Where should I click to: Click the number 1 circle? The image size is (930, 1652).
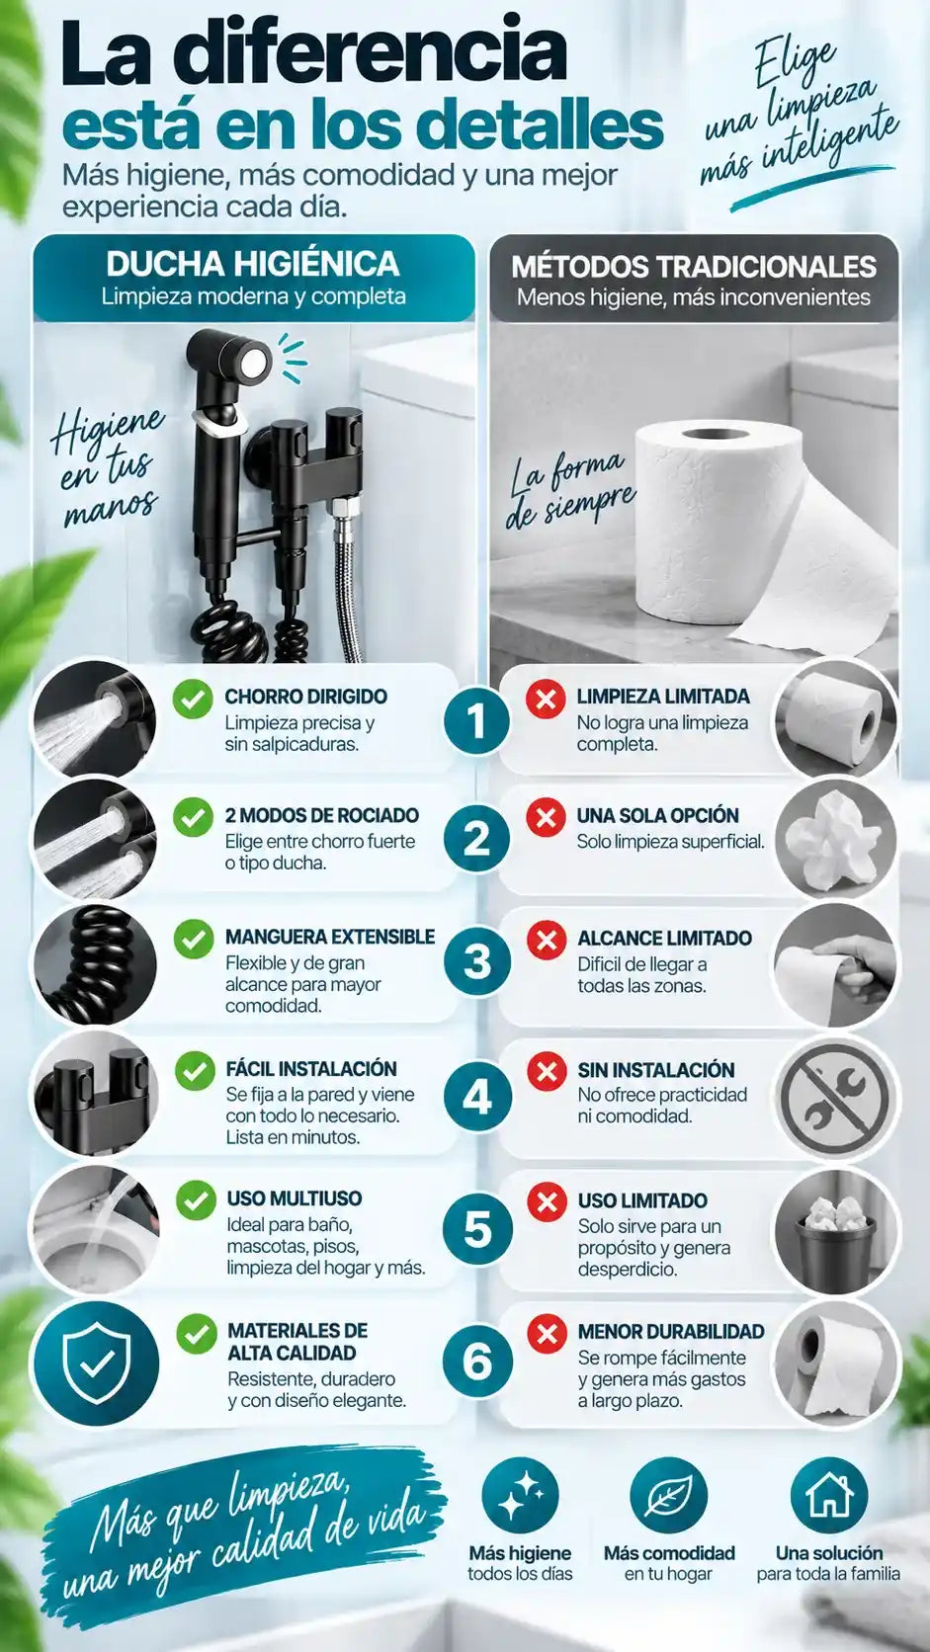click(476, 720)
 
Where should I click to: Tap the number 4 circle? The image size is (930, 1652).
click(476, 1097)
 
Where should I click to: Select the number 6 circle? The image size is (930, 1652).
click(477, 1361)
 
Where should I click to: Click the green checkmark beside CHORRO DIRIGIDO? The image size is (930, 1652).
click(194, 698)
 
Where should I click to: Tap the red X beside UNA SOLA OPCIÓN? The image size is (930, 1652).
click(546, 817)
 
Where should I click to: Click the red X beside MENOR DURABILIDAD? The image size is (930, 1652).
click(548, 1334)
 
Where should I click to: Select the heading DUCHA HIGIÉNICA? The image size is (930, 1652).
click(253, 264)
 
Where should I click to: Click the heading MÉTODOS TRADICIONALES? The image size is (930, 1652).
click(694, 266)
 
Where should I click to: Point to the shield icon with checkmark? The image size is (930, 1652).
click(96, 1362)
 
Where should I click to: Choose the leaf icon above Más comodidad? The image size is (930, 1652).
click(668, 1495)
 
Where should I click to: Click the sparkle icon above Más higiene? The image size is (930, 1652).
click(521, 1495)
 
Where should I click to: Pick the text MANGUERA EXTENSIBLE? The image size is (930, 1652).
click(330, 937)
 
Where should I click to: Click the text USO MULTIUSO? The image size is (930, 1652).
click(295, 1198)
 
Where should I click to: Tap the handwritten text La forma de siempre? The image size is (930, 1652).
click(568, 488)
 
